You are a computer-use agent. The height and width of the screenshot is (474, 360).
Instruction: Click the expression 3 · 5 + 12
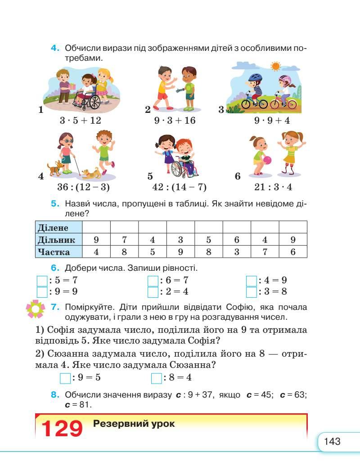click(x=80, y=121)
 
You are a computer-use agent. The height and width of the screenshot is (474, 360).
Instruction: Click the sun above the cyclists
click(x=275, y=67)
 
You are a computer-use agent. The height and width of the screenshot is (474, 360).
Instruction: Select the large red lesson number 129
click(x=62, y=429)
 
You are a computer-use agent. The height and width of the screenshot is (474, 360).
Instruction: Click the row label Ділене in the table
click(x=53, y=228)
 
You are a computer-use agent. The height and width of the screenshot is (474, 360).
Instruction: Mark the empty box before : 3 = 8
click(x=252, y=292)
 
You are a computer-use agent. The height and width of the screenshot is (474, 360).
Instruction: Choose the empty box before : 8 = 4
click(x=156, y=378)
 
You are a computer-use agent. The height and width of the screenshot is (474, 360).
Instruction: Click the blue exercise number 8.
click(x=55, y=395)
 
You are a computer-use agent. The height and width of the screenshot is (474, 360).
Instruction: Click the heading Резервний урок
click(x=134, y=424)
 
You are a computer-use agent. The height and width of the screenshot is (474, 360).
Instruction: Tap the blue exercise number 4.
click(x=55, y=48)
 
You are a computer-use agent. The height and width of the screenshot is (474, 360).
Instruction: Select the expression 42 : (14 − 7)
click(x=180, y=188)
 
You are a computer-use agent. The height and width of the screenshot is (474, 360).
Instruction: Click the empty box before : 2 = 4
click(x=153, y=292)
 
